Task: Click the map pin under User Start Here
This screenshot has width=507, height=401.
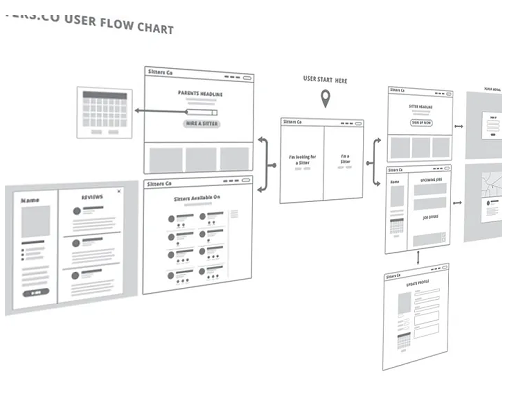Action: (x=325, y=98)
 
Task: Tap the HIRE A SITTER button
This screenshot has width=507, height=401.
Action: (x=202, y=124)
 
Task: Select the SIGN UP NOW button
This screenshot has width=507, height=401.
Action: (x=421, y=123)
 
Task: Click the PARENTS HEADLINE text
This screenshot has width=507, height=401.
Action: (x=200, y=94)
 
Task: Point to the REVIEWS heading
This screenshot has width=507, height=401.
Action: (x=92, y=197)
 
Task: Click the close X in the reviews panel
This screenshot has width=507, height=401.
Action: (x=119, y=191)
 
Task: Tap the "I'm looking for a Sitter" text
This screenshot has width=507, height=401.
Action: (x=302, y=159)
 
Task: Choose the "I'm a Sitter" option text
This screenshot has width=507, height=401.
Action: (x=345, y=159)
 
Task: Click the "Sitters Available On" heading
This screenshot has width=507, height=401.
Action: (x=197, y=198)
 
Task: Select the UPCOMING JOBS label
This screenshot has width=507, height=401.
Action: (x=431, y=180)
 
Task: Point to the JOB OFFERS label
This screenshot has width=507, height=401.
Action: (x=430, y=217)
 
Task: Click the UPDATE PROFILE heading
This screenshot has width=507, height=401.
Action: (x=417, y=283)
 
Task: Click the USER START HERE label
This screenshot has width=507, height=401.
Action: (x=325, y=80)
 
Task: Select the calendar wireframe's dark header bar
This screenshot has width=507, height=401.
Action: (x=105, y=95)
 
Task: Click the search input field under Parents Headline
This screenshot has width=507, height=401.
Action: (x=202, y=112)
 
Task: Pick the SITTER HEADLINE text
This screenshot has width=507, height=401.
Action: (x=420, y=107)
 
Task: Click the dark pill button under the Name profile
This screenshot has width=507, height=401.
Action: (x=36, y=293)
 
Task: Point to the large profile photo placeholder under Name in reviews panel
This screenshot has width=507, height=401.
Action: (x=36, y=221)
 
